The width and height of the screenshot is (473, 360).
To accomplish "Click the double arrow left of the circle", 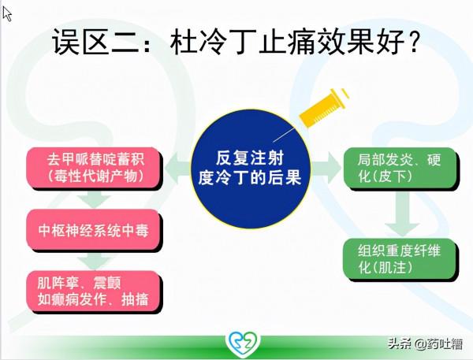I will point(181,166).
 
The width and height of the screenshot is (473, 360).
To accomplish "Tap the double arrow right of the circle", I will point(322,166).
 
